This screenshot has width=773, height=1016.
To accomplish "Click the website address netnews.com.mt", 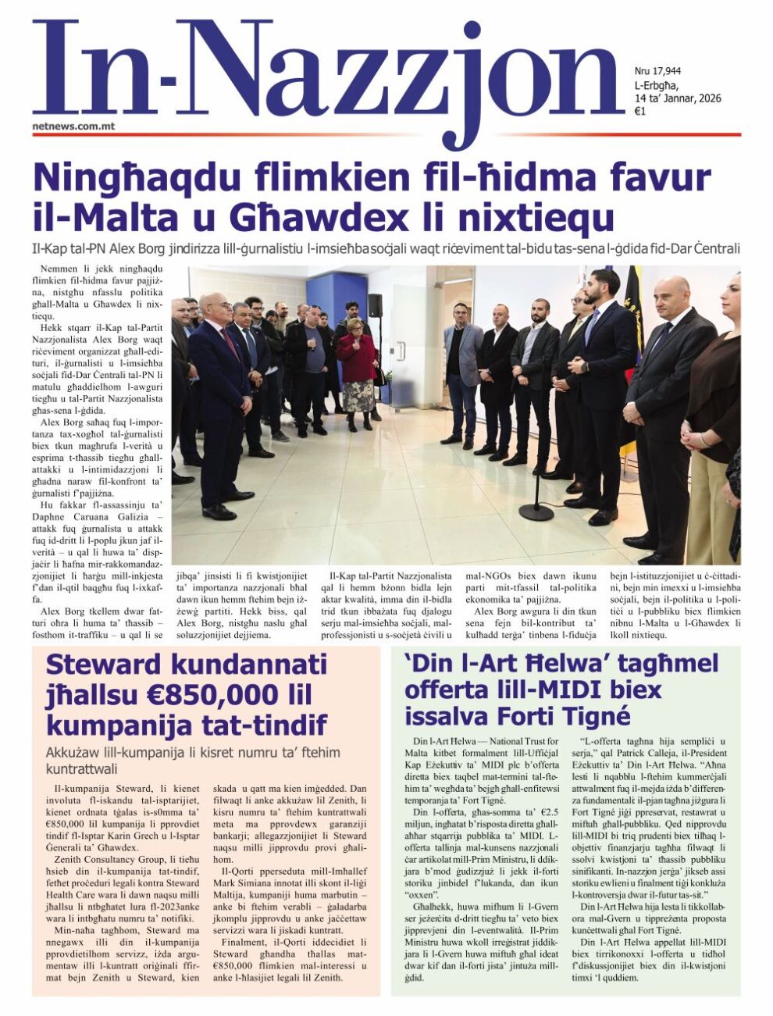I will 73,125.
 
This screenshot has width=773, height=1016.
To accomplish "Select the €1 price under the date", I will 639,111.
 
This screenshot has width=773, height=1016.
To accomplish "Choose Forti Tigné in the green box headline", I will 565,715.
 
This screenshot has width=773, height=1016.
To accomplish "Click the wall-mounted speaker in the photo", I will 375,305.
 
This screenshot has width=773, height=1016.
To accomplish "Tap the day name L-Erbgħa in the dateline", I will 656,85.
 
